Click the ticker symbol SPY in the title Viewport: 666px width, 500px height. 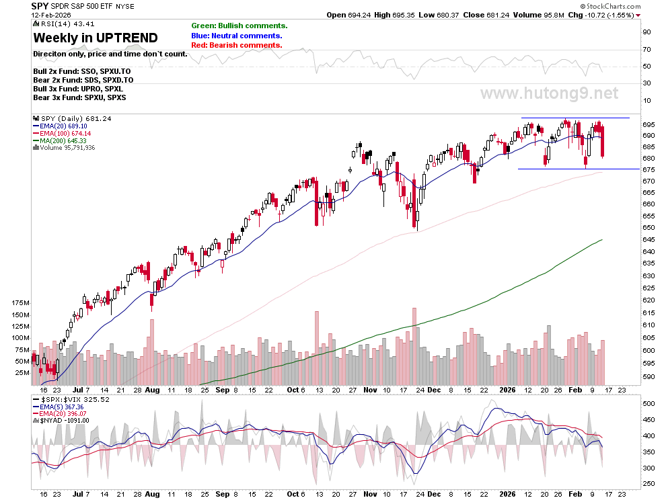(40, 6)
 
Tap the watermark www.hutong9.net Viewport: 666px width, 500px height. (549, 93)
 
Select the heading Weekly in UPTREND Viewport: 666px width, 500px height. (96, 38)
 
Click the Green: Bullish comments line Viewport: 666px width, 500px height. (239, 26)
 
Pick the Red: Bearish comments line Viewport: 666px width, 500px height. (237, 45)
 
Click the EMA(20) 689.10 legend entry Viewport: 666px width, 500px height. (60, 126)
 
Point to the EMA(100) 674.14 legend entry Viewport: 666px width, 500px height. (62, 133)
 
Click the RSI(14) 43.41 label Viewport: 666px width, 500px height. (67, 24)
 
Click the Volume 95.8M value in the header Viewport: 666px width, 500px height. (539, 15)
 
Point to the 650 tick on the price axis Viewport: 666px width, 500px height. (649, 228)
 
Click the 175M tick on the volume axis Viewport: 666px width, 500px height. (21, 302)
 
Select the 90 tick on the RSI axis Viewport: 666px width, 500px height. (646, 32)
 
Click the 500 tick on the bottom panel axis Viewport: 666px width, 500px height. (649, 403)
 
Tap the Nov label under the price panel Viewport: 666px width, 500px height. (371, 390)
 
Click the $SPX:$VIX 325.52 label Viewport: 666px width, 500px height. (75, 399)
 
